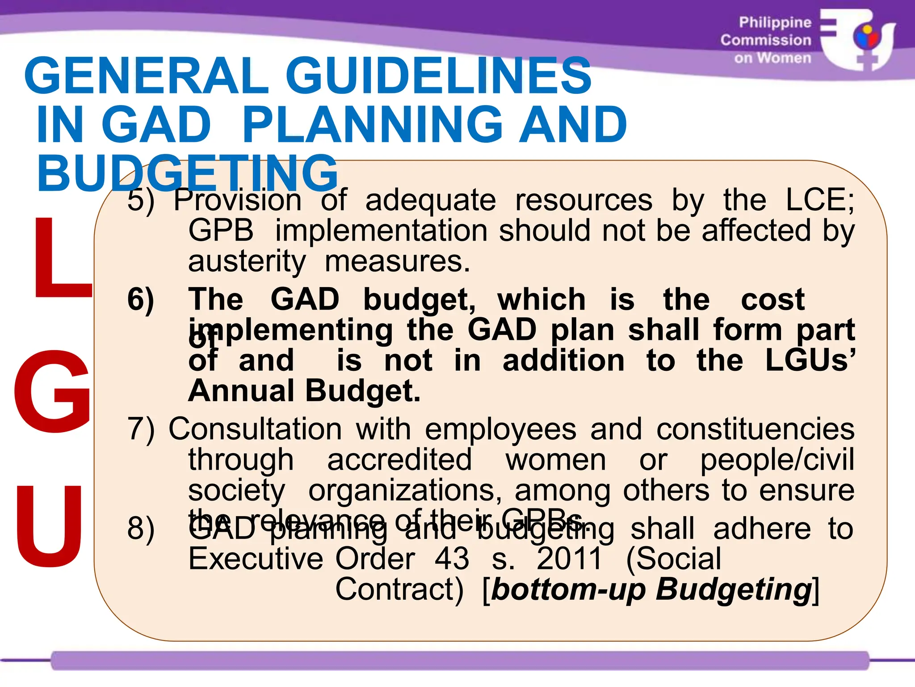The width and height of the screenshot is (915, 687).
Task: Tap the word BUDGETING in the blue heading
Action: click(x=188, y=174)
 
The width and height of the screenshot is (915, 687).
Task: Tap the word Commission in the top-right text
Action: click(x=765, y=40)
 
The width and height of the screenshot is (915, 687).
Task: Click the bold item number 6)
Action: click(x=141, y=300)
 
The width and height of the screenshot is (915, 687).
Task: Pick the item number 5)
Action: click(x=141, y=200)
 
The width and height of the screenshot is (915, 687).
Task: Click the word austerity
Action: click(x=247, y=262)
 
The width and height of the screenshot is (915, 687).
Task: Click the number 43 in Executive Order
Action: click(x=452, y=559)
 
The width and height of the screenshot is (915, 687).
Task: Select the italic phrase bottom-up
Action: click(x=568, y=589)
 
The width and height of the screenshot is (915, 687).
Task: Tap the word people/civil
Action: click(x=777, y=460)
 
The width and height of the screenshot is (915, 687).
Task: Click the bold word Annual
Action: click(x=241, y=391)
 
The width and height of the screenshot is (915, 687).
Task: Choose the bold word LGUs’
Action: click(x=810, y=360)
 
